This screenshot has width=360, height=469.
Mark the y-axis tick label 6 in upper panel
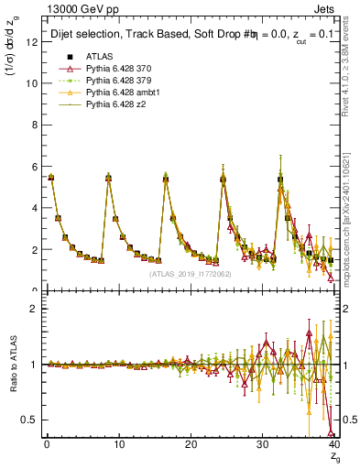tap(33, 166)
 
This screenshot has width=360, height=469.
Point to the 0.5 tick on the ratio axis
tap(29, 420)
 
